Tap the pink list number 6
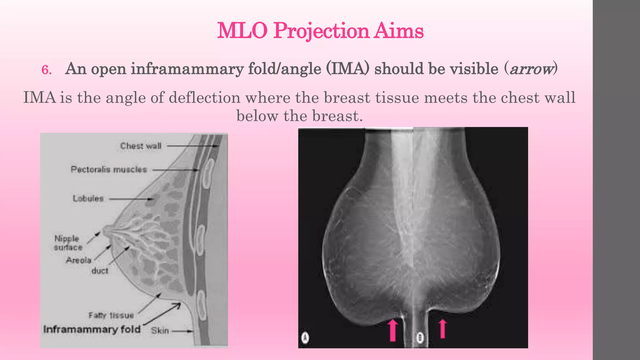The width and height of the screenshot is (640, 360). pos(46,70)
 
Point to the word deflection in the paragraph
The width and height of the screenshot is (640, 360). pos(204,98)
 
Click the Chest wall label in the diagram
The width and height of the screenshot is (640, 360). pos(141,146)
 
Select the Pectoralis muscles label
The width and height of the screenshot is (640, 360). pos(108,169)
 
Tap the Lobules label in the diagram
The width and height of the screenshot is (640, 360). pos(88,198)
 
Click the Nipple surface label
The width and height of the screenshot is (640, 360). pos(67,243)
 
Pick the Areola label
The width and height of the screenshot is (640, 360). pos(78,260)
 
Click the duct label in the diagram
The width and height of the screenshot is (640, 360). pos(100,271)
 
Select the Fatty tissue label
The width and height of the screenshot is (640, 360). pos(111,315)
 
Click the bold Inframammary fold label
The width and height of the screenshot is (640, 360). pos(92,329)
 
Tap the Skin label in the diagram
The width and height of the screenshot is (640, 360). pos(160,331)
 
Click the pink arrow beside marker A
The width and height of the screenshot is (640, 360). pos(393,330)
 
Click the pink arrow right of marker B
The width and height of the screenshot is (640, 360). pos(442,329)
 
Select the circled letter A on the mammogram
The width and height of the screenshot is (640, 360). pos(305,338)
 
